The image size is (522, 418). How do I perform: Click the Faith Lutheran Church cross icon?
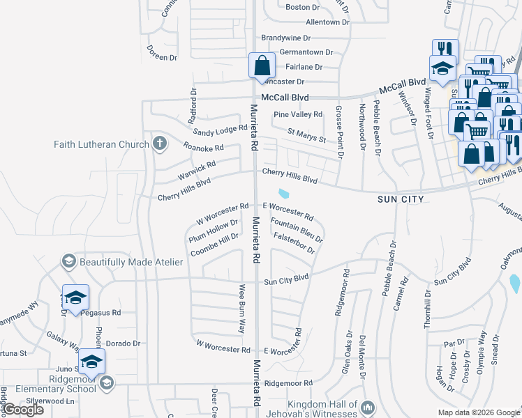click(159, 144)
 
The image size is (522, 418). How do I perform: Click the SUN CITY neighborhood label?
click(401, 199)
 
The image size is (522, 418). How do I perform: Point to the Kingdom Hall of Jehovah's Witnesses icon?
click(369, 405)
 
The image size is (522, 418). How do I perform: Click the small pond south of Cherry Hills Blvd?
click(284, 194)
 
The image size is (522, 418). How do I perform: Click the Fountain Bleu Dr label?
click(297, 230)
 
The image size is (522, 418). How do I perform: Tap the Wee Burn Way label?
click(242, 303)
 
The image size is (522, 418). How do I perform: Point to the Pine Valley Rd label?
click(298, 114)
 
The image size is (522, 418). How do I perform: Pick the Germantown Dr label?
click(306, 52)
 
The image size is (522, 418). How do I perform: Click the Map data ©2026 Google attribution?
click(479, 412)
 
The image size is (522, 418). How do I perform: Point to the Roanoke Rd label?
click(203, 148)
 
